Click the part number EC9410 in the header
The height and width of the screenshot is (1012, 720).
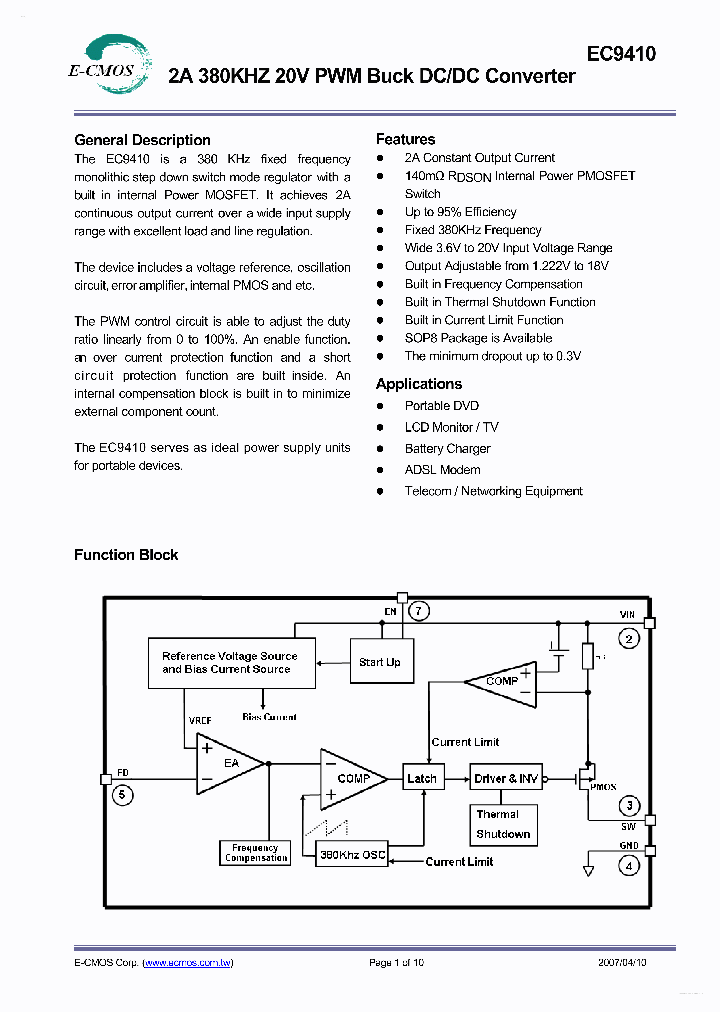(620, 54)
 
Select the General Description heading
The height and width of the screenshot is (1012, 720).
(142, 140)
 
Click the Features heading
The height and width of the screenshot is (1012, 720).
(405, 139)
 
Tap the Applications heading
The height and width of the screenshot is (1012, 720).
(418, 384)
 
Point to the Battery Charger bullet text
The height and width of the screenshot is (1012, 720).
(447, 449)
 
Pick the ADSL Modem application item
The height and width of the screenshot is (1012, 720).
(442, 470)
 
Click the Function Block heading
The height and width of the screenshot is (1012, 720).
(126, 555)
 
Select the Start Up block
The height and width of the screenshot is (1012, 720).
(379, 662)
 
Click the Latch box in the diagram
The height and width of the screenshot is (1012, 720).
(422, 778)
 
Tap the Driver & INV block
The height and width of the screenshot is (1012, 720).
(505, 778)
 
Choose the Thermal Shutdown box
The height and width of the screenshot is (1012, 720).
(503, 824)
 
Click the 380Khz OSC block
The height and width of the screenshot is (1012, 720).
(352, 854)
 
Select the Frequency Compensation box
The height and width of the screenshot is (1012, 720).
(255, 853)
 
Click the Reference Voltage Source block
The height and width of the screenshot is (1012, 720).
(230, 663)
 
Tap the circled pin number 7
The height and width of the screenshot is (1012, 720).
(420, 610)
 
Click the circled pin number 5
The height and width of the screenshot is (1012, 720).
(122, 795)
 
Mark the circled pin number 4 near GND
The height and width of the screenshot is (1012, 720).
(628, 866)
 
